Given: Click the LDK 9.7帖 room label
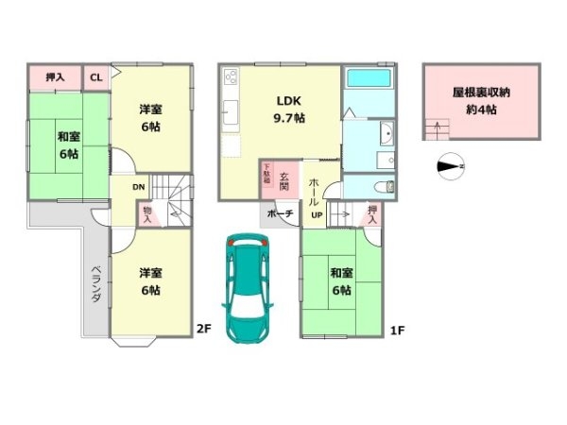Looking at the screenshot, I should point(289,110).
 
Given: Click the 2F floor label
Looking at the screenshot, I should point(203,330).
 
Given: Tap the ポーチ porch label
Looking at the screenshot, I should point(281,214).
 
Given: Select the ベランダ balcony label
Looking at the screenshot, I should point(96,283).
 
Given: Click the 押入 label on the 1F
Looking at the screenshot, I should point(373,215).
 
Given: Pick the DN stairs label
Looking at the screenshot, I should point(138,187).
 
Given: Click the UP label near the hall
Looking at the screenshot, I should point(318,214).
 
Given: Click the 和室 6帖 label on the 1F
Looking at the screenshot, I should point(342,282).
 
